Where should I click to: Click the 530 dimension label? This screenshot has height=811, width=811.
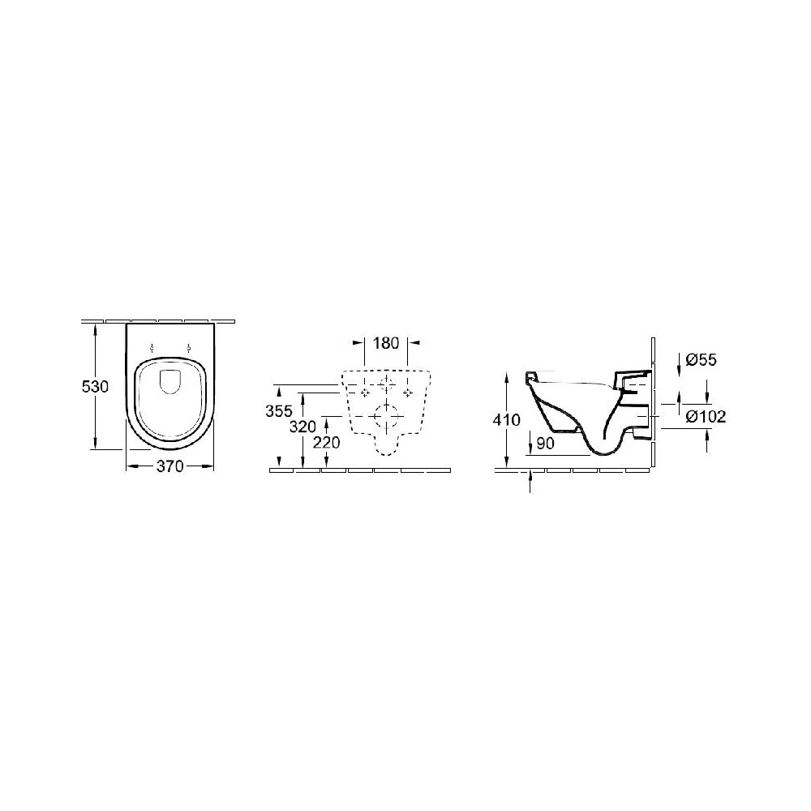point(95,386)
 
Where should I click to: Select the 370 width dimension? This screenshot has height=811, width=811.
point(169,466)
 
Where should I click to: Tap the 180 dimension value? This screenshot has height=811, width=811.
point(386,342)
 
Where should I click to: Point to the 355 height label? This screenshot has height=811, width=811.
point(279,411)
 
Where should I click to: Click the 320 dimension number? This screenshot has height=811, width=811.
point(303,427)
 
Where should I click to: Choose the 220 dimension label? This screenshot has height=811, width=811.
point(327,443)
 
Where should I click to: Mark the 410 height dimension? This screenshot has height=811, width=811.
point(506,419)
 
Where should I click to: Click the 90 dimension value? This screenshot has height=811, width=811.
point(545,444)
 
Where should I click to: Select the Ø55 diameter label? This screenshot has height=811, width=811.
point(701,360)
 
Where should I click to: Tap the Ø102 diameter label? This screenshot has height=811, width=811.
point(706,416)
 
